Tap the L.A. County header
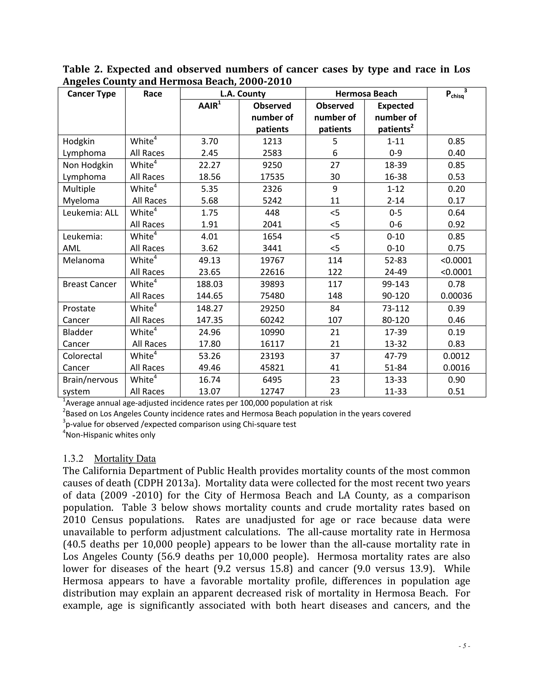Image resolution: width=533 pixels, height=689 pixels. [x=243, y=94]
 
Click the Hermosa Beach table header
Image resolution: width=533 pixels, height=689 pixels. [x=366, y=94]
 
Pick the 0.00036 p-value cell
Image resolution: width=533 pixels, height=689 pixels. [x=456, y=296]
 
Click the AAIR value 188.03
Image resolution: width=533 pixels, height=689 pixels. [x=209, y=284]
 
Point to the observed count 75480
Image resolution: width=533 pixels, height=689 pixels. [x=272, y=296]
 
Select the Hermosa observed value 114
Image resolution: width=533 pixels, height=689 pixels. [x=335, y=260]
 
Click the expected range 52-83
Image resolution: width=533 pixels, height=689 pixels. [x=395, y=260]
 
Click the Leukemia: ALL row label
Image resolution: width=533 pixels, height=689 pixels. [x=90, y=213]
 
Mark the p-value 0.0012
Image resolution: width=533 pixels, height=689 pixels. [x=456, y=356]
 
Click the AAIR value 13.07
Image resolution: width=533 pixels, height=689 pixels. [x=209, y=392]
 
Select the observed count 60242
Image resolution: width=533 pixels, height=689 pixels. [x=272, y=320]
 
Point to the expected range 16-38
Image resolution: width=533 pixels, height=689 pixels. [x=395, y=177]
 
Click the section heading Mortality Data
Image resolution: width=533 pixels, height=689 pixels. [x=125, y=458]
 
